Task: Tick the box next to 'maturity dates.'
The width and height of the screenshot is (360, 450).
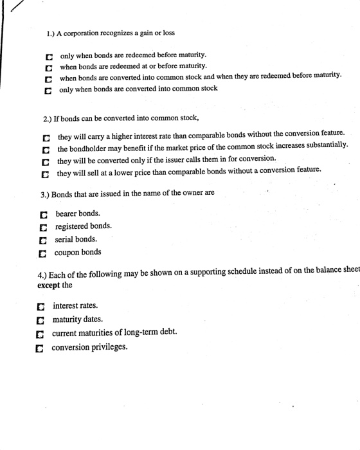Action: click(41, 320)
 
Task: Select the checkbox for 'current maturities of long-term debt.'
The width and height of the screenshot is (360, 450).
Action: click(41, 334)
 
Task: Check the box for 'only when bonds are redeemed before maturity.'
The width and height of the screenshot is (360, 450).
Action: click(48, 56)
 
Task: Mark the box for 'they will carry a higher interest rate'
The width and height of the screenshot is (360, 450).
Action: click(46, 138)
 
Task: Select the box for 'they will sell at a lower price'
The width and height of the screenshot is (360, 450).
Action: click(46, 172)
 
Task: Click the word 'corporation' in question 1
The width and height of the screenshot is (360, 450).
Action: click(80, 32)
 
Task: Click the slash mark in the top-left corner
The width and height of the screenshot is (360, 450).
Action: click(15, 9)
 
